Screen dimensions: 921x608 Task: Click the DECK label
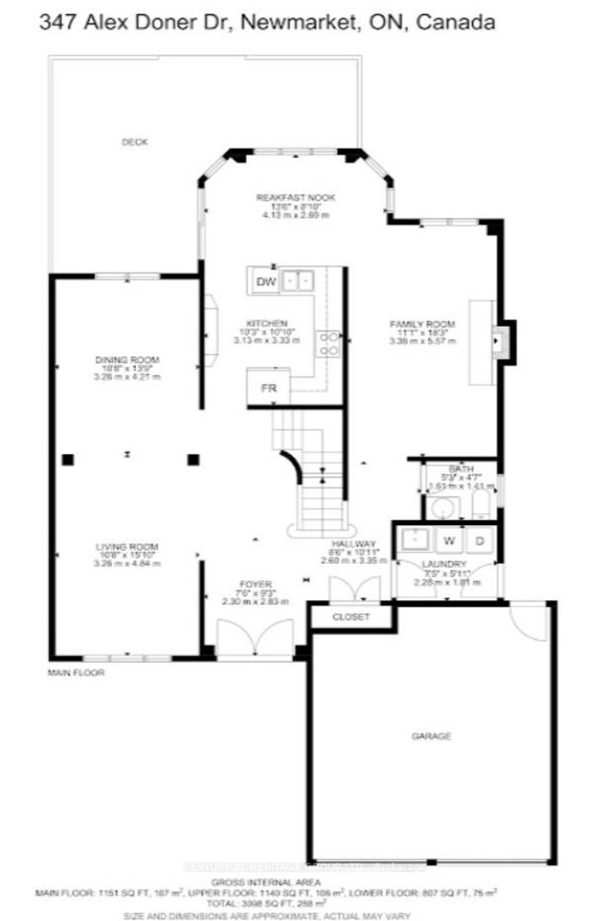click(134, 143)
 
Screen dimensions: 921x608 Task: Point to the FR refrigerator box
click(269, 388)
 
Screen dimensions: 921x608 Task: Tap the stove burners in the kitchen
click(328, 343)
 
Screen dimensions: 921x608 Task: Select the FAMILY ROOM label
click(422, 324)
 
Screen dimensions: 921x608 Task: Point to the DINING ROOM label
click(127, 360)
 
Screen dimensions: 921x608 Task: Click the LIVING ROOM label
click(127, 546)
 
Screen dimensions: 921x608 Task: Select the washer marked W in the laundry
click(449, 540)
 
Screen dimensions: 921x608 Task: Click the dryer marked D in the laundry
click(479, 540)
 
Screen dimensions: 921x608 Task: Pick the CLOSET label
click(350, 617)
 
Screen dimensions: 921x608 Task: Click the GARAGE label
click(432, 736)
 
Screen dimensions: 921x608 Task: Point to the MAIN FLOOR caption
click(76, 673)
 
